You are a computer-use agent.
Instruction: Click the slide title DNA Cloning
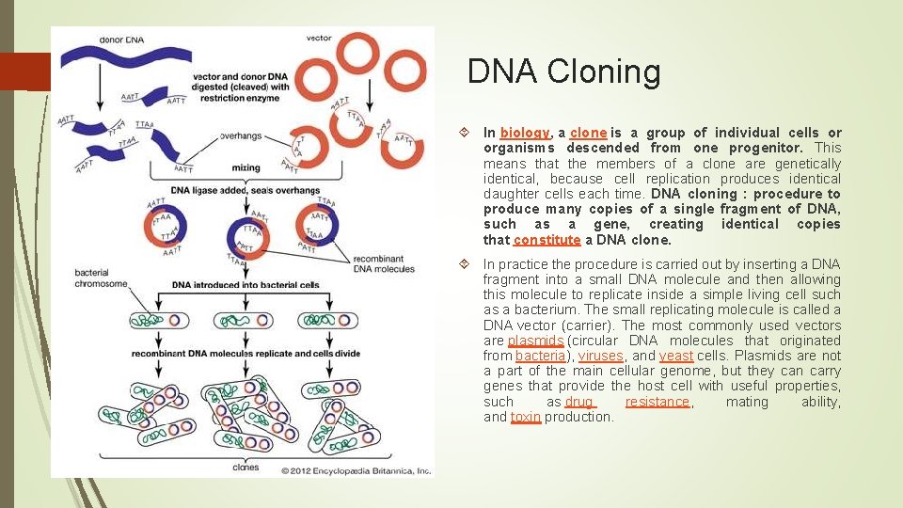coord(563,71)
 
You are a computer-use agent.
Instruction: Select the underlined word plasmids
coord(535,341)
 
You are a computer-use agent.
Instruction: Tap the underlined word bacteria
coord(540,356)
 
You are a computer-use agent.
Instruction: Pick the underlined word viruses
coord(600,356)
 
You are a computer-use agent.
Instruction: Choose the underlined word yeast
coord(676,356)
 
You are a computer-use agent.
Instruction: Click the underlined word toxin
coord(526,417)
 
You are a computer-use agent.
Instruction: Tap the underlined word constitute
coord(547,239)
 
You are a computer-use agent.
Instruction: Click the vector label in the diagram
coord(318,39)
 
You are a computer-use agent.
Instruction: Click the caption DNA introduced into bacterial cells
coord(246,285)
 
